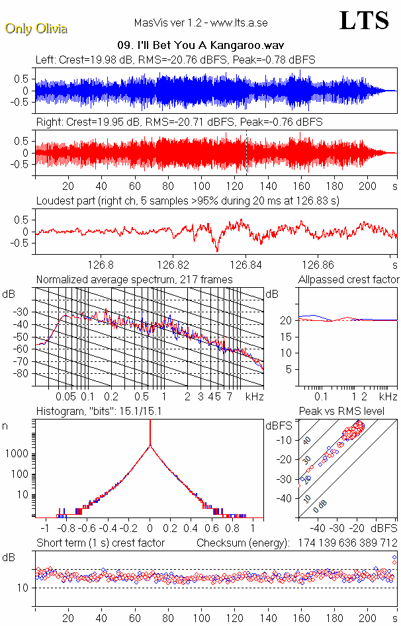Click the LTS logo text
(363, 21)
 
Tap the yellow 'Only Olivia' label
(36, 28)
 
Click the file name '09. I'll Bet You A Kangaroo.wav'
(200, 46)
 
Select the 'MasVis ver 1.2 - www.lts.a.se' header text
(200, 23)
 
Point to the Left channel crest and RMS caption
(175, 60)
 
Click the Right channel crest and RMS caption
(179, 122)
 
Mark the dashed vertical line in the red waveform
(246, 152)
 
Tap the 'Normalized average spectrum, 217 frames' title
(134, 279)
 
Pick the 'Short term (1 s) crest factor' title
(100, 543)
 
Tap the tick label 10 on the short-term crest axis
(22, 588)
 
